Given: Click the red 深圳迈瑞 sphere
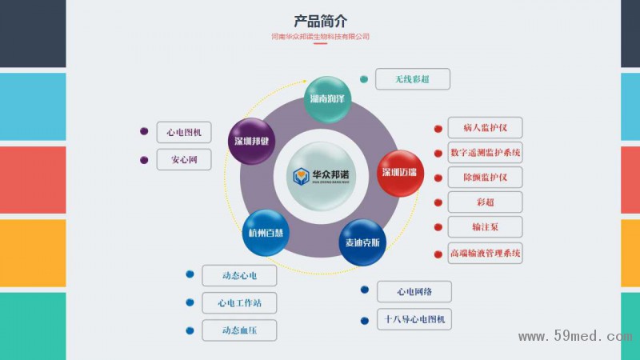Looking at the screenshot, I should coord(399,173).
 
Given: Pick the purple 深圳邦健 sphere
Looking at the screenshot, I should coord(252,141).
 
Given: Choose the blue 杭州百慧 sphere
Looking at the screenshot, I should coord(266,233).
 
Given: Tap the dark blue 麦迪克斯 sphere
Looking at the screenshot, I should coord(362,242).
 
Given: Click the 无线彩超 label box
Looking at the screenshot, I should coord(412,79).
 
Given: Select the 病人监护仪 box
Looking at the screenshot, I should coord(486,127).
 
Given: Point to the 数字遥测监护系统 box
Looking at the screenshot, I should coord(486,152).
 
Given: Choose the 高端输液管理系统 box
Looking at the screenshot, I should coord(486,253).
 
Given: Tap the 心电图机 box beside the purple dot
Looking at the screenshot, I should coord(184,132).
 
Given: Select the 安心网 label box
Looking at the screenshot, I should coord(184,159).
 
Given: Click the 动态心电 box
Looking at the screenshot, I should coord(239,276).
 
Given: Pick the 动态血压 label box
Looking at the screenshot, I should coord(239,330).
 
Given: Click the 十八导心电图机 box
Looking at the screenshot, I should coord(414,319).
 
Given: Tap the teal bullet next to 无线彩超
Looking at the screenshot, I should coord(364,79).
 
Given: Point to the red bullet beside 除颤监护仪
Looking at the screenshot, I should coord(438,178).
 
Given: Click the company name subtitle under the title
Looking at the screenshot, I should coord(320,36).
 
